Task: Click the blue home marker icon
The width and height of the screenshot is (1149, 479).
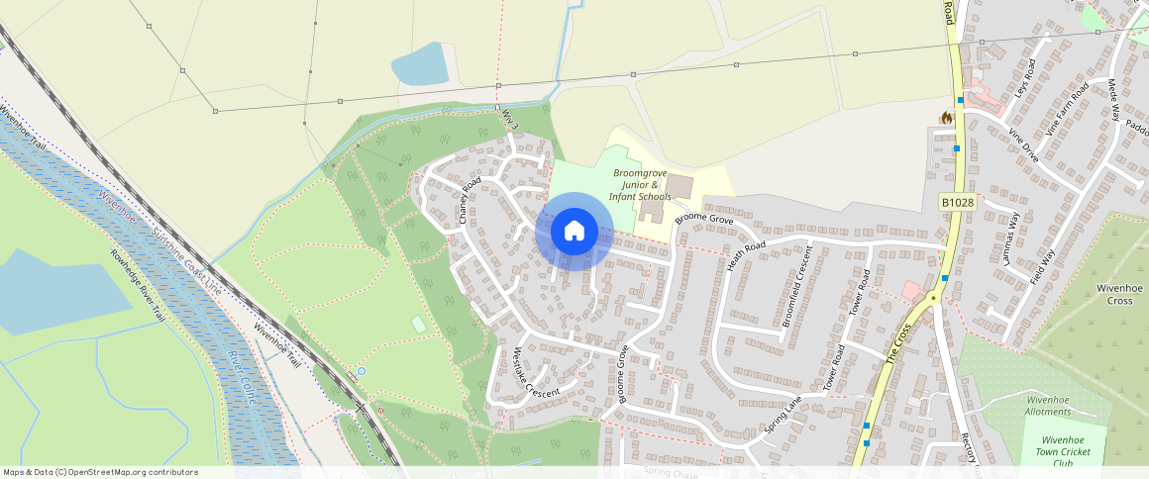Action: (x=574, y=232)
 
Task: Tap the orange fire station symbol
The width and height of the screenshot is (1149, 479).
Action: (x=946, y=118)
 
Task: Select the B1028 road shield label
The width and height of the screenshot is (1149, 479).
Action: (x=958, y=202)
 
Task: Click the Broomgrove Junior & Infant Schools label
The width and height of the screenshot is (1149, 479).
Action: (x=640, y=184)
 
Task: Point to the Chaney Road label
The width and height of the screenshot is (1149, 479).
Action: (x=470, y=201)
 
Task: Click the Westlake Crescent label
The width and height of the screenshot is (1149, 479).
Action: (x=536, y=372)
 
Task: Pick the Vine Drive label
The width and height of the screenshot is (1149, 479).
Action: (x=1023, y=144)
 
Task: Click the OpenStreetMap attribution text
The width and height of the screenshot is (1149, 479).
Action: (x=100, y=472)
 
